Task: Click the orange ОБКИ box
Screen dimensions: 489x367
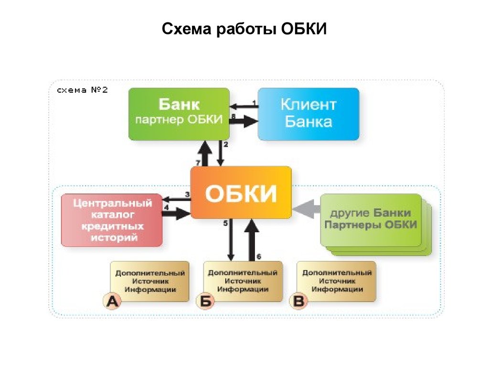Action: coord(241,192)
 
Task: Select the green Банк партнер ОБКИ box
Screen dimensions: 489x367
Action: coord(179,114)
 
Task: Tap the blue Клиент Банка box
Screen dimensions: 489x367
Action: coord(308,114)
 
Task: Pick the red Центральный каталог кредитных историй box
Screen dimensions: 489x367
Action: coord(112,220)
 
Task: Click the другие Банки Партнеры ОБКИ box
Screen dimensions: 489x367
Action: coord(371,220)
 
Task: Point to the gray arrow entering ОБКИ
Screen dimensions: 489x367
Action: coord(307,209)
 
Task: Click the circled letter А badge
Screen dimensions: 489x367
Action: coord(112,301)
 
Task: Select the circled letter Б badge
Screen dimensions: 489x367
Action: coord(205,301)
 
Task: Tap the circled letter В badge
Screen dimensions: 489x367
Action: coord(298,301)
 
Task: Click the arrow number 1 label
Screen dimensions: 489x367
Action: coord(254,103)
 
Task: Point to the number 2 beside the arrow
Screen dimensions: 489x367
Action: coord(226,144)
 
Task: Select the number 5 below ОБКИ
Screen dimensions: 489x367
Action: coord(225,223)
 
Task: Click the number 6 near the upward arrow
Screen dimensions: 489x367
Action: coord(258,257)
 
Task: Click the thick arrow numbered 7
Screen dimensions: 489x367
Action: coord(205,153)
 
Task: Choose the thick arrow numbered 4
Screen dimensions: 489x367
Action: coord(176,214)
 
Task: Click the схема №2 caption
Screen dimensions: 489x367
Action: coord(82,90)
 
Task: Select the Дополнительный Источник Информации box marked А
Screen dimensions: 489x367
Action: coord(149,281)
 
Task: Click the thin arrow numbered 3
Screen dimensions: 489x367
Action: coord(177,199)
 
